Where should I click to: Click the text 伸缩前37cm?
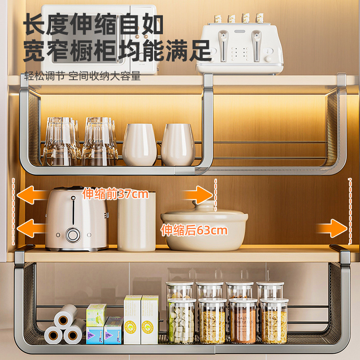point(115,194)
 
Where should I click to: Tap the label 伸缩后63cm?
point(194,231)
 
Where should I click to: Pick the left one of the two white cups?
point(139,144)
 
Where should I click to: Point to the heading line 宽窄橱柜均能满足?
point(117,50)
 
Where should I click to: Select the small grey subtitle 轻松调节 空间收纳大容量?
point(82,76)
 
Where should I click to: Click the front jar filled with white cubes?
point(181,320)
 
